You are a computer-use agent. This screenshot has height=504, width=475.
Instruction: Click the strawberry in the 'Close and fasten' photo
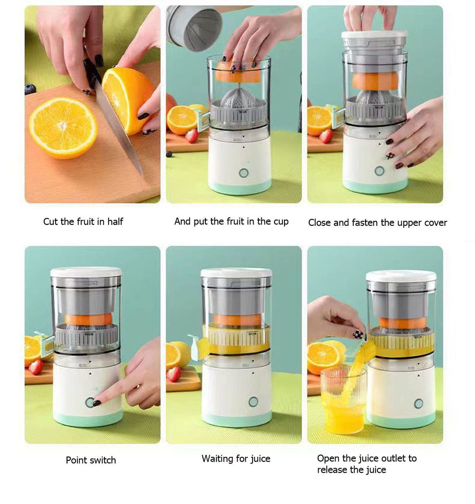click(x=326, y=136)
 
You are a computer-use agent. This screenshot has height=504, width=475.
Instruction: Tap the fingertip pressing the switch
click(x=99, y=401)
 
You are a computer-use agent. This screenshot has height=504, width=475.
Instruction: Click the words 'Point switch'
click(x=91, y=460)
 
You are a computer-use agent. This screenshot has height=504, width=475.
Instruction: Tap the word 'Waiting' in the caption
click(x=217, y=459)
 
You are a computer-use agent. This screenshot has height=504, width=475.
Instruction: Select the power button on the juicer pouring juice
click(x=418, y=404)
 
